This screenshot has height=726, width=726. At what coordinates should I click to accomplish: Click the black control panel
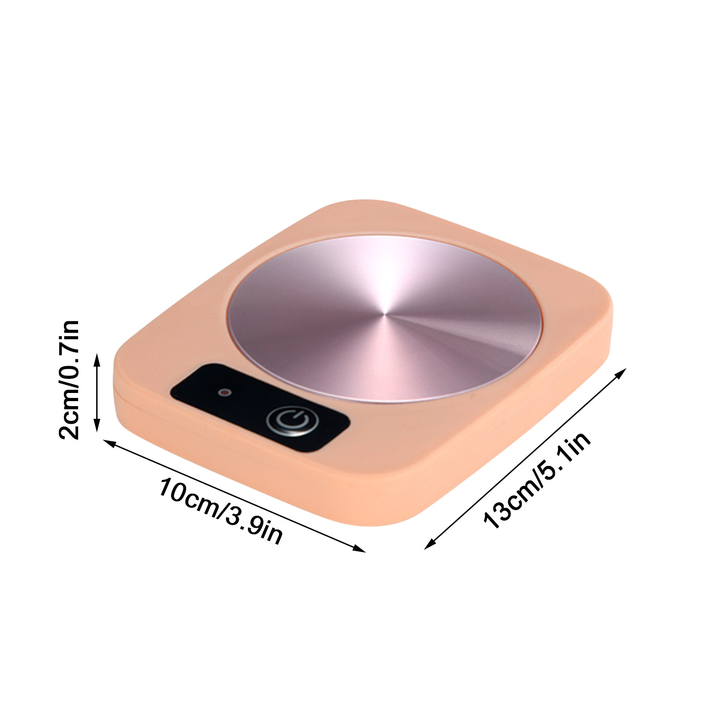coord(259,407)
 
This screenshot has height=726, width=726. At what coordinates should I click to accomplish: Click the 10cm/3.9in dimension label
coord(221,510)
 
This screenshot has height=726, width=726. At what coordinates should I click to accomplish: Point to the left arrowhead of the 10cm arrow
coord(107,441)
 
